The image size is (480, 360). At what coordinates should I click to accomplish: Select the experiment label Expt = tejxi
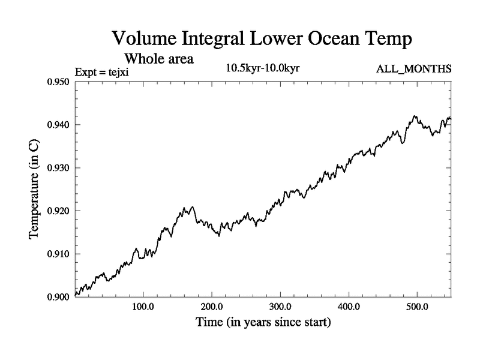(102, 72)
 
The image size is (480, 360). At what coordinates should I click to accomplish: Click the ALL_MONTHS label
(413, 70)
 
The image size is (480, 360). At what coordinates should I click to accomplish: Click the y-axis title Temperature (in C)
(34, 190)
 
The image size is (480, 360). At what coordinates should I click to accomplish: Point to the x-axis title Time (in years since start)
(263, 323)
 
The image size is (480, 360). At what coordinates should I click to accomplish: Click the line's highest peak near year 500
(415, 116)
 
